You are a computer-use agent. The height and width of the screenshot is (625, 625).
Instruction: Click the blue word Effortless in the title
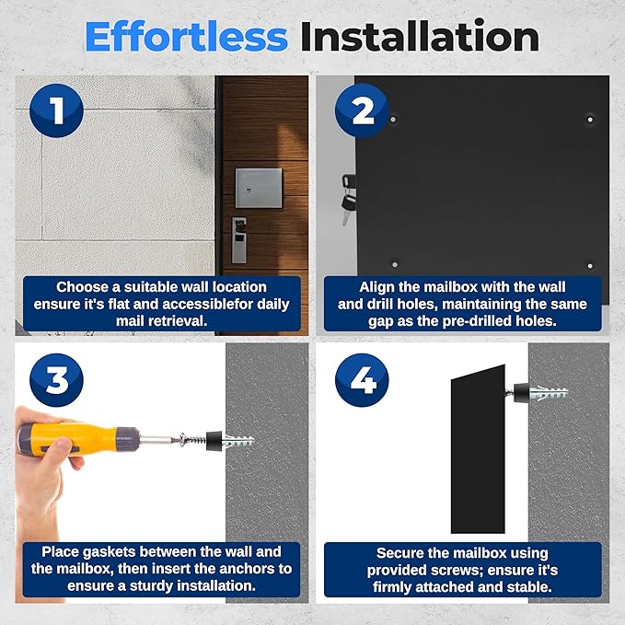(x=186, y=37)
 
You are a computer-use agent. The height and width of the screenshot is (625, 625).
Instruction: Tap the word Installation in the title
(x=420, y=37)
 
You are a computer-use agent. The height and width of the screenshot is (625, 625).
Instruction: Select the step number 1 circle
(x=56, y=110)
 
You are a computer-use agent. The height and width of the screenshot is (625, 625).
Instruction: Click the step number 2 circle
(x=362, y=110)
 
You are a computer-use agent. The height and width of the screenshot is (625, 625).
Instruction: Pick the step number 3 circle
(x=56, y=380)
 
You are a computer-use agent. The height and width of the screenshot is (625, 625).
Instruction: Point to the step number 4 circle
(x=362, y=380)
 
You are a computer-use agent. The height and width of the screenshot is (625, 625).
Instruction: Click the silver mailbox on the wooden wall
(x=259, y=188)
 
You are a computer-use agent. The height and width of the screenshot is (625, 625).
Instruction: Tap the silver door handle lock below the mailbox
(x=239, y=240)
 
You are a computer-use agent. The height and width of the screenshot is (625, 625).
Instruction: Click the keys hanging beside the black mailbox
(x=348, y=200)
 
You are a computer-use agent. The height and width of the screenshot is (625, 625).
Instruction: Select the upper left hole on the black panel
(x=393, y=119)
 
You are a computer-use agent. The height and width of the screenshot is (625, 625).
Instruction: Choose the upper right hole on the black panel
(x=590, y=119)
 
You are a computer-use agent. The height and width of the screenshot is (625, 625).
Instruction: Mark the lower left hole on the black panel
(x=395, y=264)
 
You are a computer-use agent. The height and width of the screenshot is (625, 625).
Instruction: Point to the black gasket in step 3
(x=214, y=441)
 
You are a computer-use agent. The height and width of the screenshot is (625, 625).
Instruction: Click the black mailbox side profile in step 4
(x=478, y=449)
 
